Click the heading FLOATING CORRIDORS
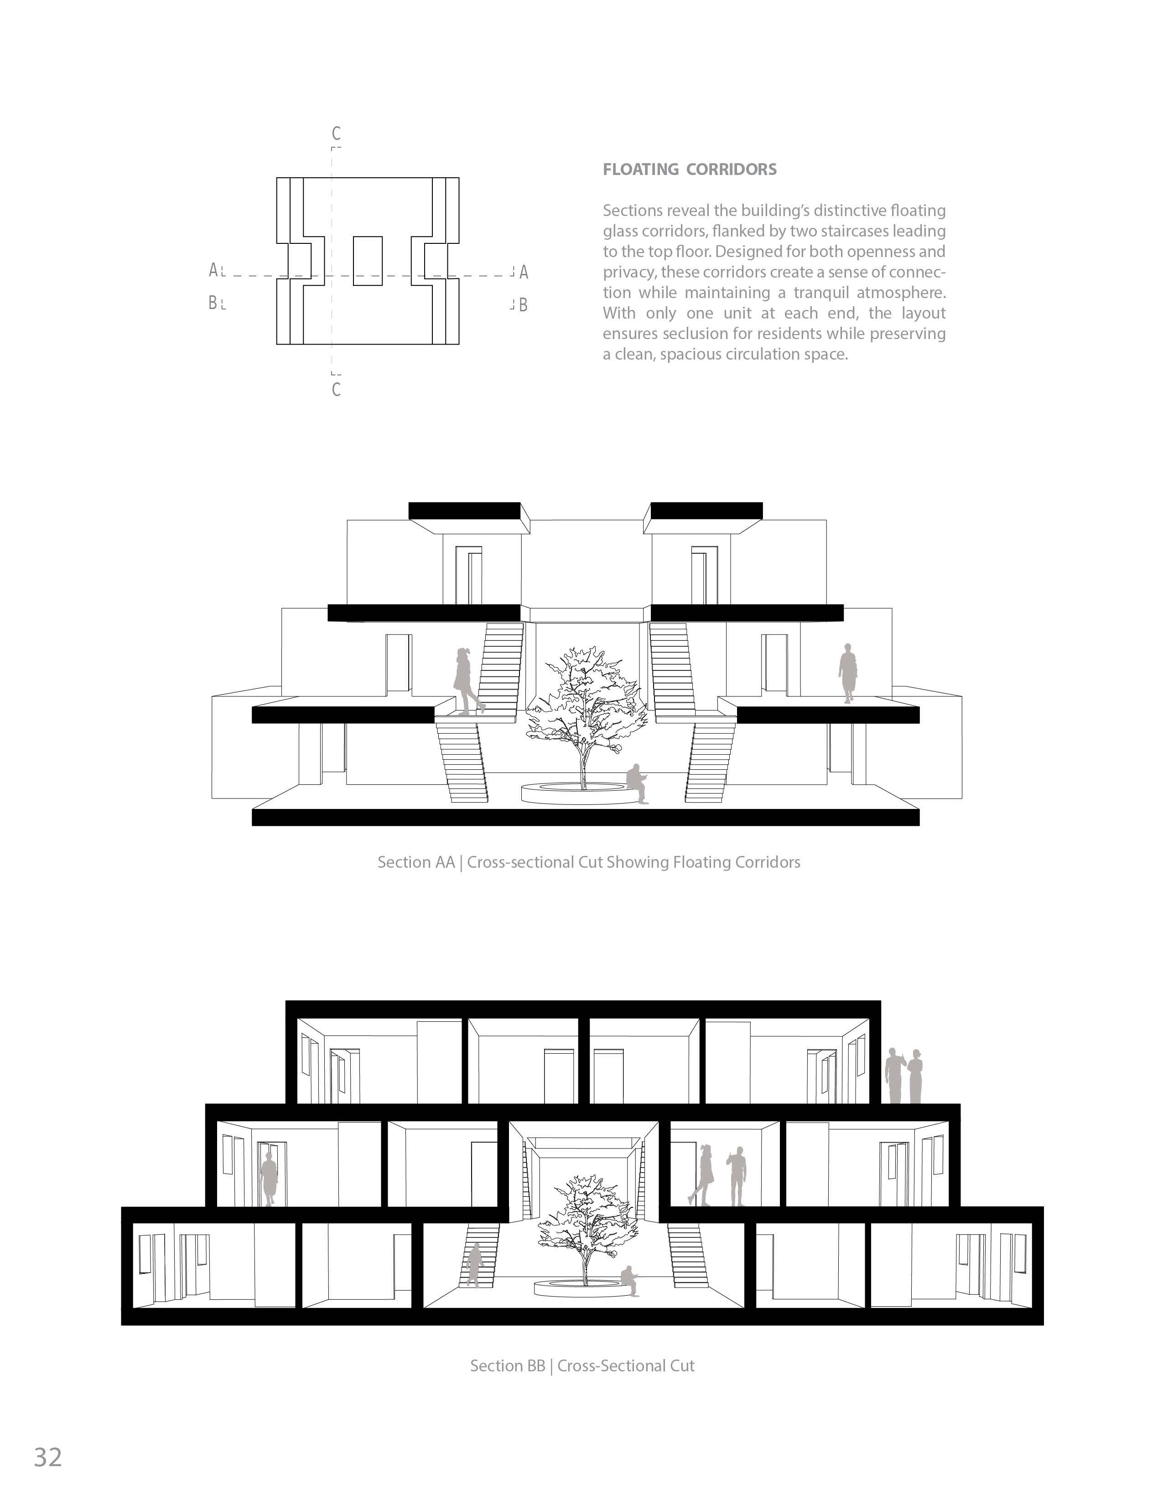pos(690,170)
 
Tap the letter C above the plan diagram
pos(336,134)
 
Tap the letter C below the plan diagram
pos(336,390)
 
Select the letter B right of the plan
pos(524,305)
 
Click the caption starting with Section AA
pos(588,862)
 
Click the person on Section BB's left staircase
pos(474,1264)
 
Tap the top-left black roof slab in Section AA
pos(464,511)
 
